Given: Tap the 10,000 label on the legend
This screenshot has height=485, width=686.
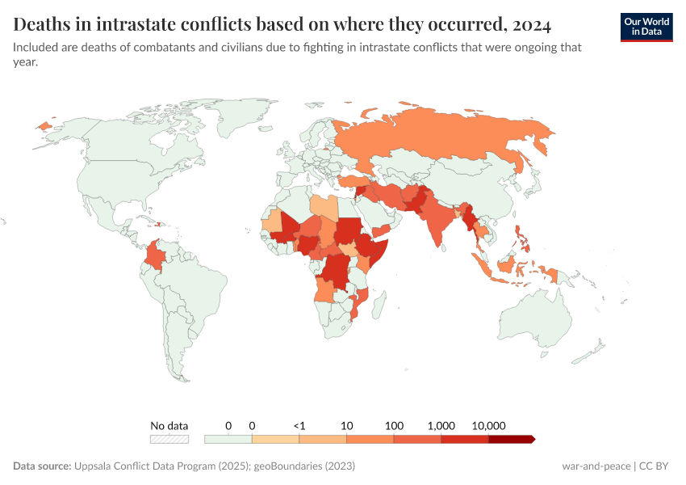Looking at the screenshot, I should click(x=488, y=425).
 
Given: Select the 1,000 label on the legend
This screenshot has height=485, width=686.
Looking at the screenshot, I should click(x=441, y=425).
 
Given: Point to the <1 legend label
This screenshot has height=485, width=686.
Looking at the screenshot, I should click(x=299, y=425).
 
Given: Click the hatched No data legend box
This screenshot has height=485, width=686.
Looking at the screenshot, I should click(x=169, y=439).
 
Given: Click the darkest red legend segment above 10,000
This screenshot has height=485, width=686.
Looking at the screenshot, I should click(x=512, y=439).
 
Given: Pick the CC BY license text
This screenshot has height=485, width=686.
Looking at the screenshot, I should click(x=657, y=466).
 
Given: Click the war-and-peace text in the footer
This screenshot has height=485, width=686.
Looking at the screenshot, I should click(x=596, y=466).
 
